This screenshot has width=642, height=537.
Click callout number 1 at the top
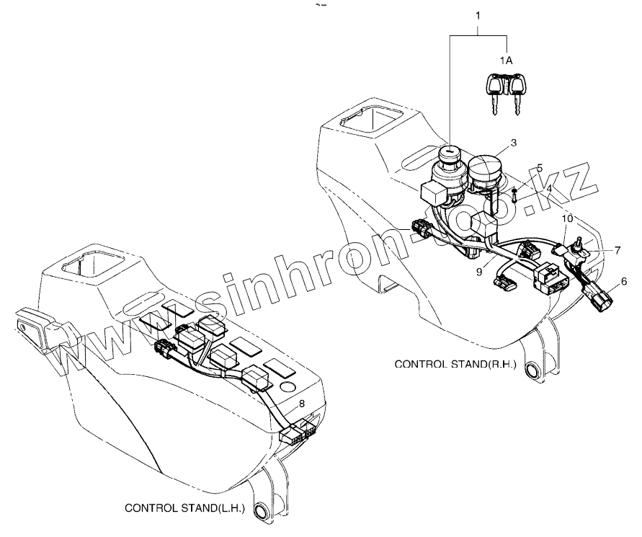(479, 14)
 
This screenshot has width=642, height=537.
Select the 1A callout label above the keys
(507, 61)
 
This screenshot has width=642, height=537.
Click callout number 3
(513, 143)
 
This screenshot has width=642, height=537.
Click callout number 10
(568, 217)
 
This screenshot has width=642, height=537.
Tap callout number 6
(623, 280)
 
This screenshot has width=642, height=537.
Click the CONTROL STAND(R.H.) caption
(455, 365)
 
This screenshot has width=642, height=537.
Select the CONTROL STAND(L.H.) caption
(185, 507)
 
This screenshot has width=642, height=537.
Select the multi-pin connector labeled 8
(299, 435)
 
